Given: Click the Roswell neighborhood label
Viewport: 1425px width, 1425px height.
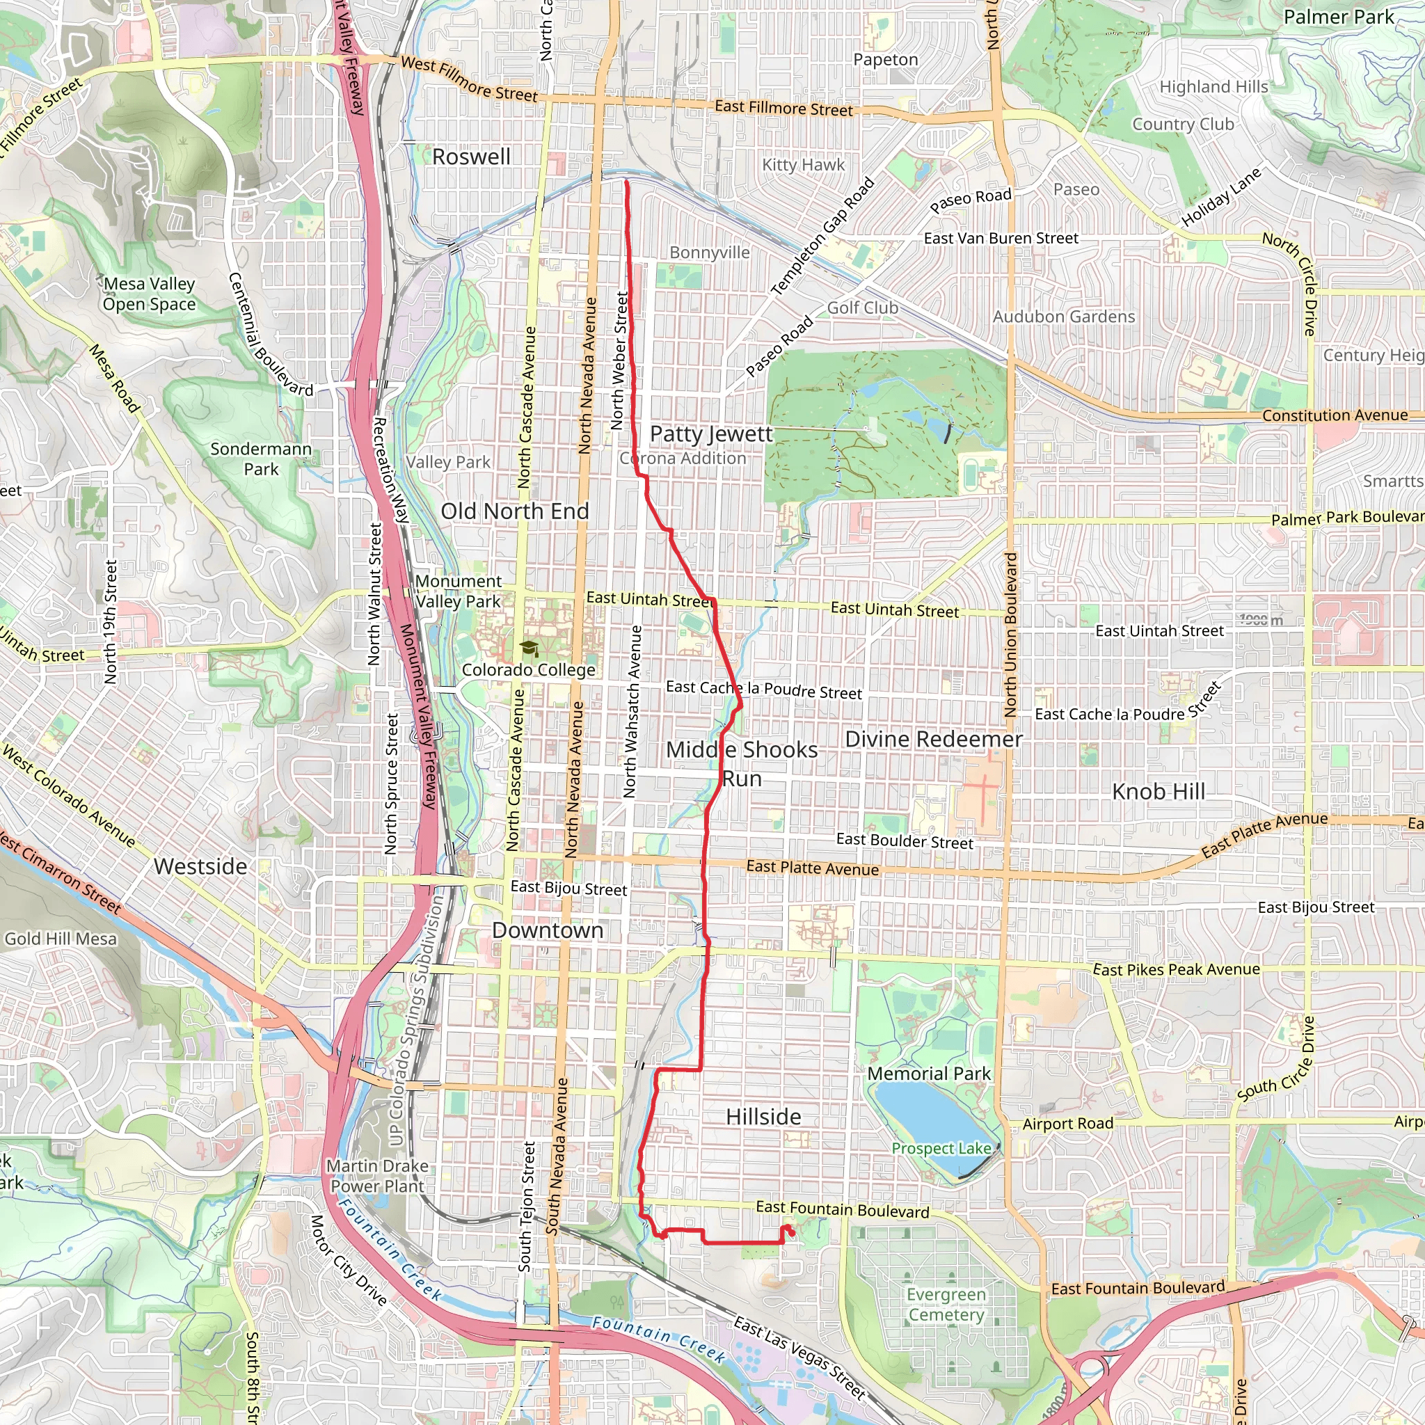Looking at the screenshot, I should point(470,157).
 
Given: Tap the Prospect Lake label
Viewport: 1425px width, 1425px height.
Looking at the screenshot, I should point(941,1148).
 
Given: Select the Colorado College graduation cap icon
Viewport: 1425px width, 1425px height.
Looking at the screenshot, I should point(529,648).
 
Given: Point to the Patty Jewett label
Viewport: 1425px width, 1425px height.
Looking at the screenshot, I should point(711,433).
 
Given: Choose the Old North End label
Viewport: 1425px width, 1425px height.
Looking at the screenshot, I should point(514,511).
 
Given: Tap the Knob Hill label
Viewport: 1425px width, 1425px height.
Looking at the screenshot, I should point(1158,791).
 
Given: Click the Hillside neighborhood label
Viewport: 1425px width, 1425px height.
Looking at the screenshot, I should point(763,1117).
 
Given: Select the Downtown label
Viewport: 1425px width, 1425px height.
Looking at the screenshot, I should point(548,930).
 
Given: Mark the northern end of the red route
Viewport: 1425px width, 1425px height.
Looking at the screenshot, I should point(627,182).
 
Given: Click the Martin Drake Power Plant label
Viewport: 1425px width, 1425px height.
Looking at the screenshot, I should point(377,1176).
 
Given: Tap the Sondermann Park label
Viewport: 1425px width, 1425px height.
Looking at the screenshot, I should point(261,459).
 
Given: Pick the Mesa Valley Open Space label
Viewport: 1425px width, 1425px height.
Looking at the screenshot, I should point(149,294).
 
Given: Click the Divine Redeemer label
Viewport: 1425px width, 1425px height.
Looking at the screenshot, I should point(934,739).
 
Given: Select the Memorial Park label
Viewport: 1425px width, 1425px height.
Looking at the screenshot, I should point(929,1073).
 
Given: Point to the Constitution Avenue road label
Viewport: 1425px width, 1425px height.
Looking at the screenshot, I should point(1335,415).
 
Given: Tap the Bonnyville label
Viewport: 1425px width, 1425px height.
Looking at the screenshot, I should point(710,253).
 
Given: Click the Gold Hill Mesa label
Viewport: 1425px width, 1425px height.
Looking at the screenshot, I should point(61,939).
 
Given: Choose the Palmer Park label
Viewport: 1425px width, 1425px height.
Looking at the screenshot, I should point(1339,17).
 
